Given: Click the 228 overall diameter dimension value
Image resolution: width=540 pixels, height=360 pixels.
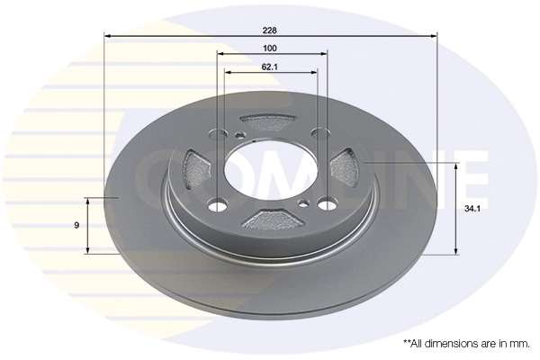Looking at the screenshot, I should [270, 27].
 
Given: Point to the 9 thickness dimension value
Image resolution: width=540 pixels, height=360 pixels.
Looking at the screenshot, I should [77, 224].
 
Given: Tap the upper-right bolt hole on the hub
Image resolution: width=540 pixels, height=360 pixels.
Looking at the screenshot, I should [319, 134].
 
